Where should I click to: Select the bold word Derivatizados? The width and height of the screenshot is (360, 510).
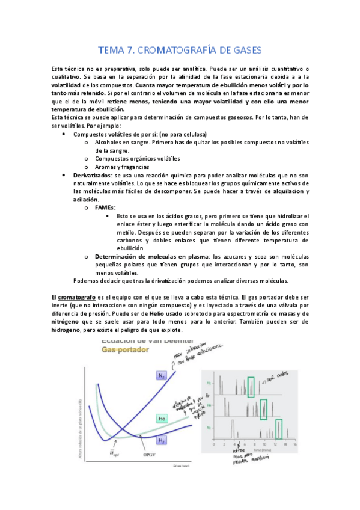pos(91,174)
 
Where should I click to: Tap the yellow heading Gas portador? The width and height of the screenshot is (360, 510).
pos(124,349)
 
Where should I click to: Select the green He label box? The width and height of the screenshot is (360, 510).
pos(162,417)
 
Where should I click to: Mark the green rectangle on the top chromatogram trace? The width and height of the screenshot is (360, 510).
pos(251,386)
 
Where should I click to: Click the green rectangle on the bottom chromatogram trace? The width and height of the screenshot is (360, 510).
pos(279,429)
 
